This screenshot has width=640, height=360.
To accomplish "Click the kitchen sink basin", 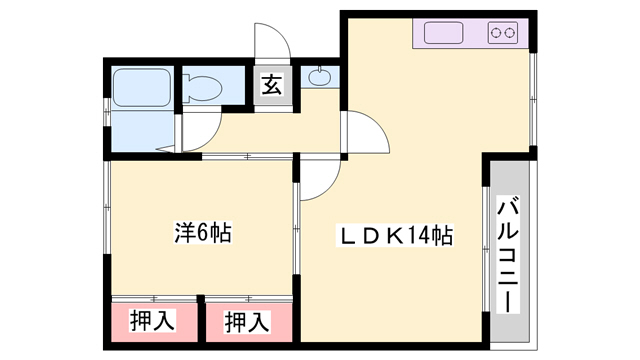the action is pos(444,33).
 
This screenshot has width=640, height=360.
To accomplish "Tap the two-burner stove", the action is pos(502,33).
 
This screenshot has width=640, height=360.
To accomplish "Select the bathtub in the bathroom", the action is pos(141,88).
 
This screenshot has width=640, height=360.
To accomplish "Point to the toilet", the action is pos(202,88).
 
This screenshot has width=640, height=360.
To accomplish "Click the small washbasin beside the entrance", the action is pos(320,77).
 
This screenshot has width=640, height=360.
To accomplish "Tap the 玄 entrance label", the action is pos(272,85).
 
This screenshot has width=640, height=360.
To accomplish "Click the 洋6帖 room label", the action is pos(203,233).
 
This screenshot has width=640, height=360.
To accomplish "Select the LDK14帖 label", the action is pos(394,236).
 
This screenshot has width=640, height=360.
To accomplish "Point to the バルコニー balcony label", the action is pos(508,254).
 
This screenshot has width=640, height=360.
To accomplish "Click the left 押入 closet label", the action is pos(153,320).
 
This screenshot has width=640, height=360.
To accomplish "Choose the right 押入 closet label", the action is pos(247,322).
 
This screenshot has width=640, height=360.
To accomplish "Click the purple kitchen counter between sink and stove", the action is pos(476,33).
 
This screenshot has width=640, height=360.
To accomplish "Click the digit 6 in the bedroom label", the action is pos(203,233).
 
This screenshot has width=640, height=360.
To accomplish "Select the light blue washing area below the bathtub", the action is pos(142,131).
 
